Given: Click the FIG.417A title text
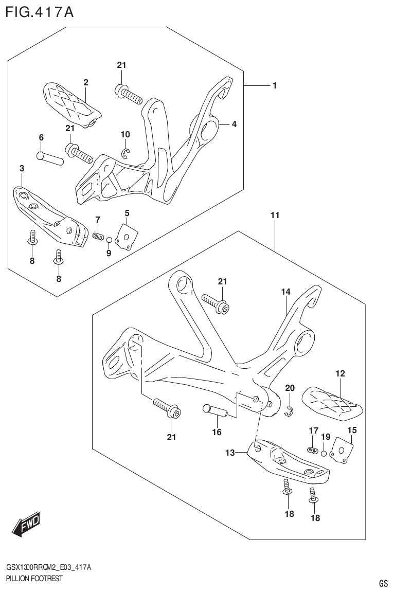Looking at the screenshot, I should [x=40, y=12].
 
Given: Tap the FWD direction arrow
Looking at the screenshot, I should [x=26, y=525].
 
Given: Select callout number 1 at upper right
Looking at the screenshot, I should [x=275, y=85].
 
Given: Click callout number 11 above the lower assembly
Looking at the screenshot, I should [x=275, y=215].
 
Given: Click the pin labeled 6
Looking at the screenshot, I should [x=50, y=158].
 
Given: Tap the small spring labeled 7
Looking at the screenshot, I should [x=98, y=236].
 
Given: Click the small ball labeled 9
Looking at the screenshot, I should [x=109, y=239].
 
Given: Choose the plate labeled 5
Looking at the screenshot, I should [x=124, y=235].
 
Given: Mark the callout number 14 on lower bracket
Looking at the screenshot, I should [x=285, y=292].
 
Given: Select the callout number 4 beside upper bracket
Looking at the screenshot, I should [x=234, y=124].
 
